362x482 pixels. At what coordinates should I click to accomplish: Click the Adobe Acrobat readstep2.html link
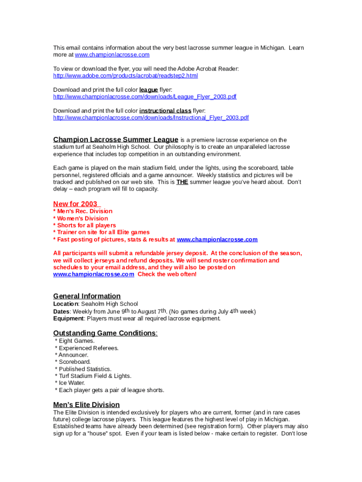(x=126, y=76)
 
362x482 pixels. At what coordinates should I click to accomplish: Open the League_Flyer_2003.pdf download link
(x=145, y=96)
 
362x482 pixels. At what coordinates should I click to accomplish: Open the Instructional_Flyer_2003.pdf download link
(x=151, y=117)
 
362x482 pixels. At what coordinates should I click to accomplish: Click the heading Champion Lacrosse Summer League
(x=116, y=139)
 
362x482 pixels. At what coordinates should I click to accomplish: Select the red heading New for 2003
(x=76, y=204)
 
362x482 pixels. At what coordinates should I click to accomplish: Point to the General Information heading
(x=87, y=296)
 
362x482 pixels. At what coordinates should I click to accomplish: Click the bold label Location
(x=65, y=304)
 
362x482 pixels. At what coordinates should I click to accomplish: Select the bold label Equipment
(x=69, y=318)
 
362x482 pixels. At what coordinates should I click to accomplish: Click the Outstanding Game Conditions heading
(x=104, y=333)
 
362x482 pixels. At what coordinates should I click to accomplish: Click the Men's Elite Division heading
(x=87, y=405)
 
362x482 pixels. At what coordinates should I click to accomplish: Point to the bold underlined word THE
(x=182, y=182)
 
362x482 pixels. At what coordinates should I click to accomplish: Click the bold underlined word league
(x=149, y=90)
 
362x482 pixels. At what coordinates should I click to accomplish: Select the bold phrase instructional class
(x=165, y=111)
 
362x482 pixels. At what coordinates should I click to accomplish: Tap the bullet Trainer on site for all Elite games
(x=103, y=232)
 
